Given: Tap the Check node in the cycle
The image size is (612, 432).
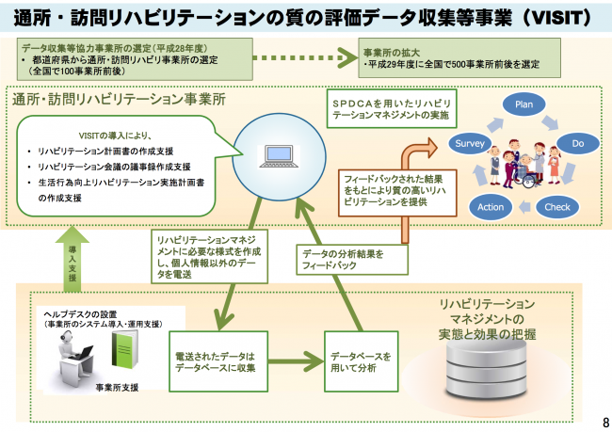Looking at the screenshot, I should (x=557, y=205).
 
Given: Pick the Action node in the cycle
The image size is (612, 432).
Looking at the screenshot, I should (x=491, y=205).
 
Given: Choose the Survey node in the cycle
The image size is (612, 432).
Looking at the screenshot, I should (x=469, y=144).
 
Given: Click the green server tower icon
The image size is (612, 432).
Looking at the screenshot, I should (x=124, y=352).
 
